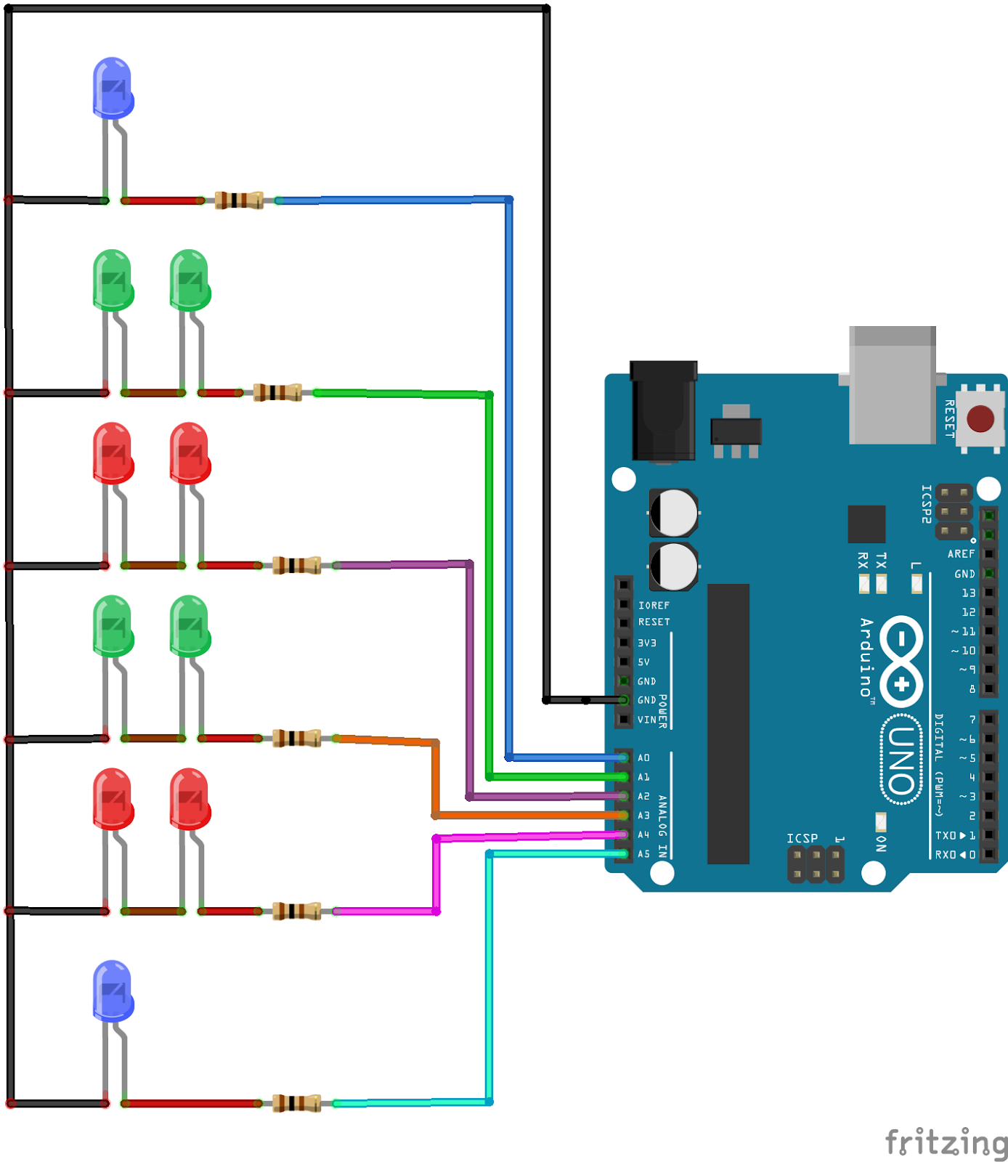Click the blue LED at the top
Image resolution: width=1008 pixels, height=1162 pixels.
pos(113,88)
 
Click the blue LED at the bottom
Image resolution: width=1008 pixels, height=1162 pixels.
pos(113,991)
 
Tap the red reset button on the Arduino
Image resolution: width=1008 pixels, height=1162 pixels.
pos(980,419)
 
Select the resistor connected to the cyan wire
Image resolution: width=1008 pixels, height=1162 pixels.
pos(296,1103)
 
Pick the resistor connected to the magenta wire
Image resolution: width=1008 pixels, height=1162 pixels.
pos(296,911)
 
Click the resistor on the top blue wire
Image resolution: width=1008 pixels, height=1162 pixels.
pos(239,200)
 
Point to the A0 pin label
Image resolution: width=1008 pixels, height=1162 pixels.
pos(643,757)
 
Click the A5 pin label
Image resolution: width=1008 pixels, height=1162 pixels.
pos(643,854)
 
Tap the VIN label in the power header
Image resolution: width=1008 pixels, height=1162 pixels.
pos(646,720)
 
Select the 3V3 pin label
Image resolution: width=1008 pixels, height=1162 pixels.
pos(646,643)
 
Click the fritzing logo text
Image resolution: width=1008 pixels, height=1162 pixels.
pos(946,1142)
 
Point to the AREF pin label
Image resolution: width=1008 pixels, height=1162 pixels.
pos(960,553)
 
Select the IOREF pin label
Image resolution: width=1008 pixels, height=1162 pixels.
pos(654,605)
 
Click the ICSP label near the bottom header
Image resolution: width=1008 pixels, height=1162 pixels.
pos(802,838)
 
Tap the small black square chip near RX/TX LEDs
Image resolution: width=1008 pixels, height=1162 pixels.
pos(866,524)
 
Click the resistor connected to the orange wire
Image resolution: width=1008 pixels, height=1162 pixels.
pos(296,739)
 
